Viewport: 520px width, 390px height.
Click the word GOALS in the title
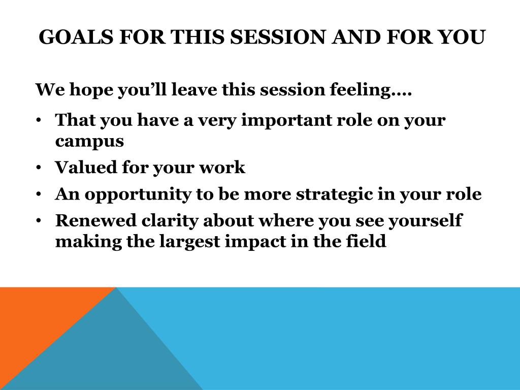76,37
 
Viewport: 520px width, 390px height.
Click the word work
222,167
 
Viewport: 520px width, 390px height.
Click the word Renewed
96,220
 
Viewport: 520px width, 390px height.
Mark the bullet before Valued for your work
39,168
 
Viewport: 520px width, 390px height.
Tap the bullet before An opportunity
39,194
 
